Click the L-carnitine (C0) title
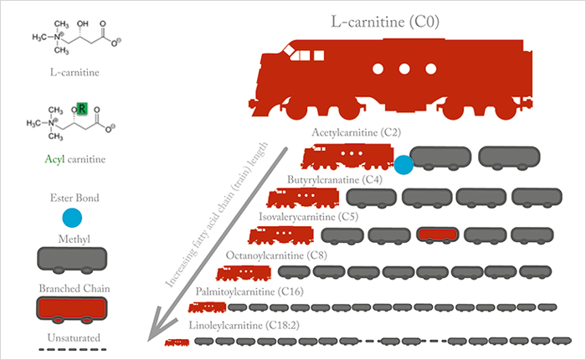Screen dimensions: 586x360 pyautogui.click(x=385, y=22)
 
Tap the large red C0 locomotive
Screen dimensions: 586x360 pyautogui.click(x=391, y=79)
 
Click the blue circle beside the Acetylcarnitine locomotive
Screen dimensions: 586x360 pyautogui.click(x=404, y=165)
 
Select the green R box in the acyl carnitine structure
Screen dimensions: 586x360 pyautogui.click(x=82, y=108)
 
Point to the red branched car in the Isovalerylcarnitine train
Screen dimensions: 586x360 pyautogui.click(x=438, y=235)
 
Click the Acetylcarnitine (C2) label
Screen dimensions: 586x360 pyautogui.click(x=356, y=133)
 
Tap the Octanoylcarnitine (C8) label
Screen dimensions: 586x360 pyautogui.click(x=276, y=255)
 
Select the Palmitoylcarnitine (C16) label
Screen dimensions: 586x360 pyautogui.click(x=249, y=291)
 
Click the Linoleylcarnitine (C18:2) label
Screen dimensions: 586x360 pyautogui.click(x=244, y=325)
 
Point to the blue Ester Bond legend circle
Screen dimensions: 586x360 pyautogui.click(x=72, y=218)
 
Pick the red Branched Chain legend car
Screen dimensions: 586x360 pyautogui.click(x=72, y=311)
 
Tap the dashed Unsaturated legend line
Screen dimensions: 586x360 pyautogui.click(x=73, y=349)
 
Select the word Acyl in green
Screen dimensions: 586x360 pyautogui.click(x=54, y=159)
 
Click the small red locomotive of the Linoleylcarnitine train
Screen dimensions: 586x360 pyautogui.click(x=177, y=342)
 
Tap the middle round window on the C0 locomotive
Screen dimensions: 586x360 pyautogui.click(x=404, y=69)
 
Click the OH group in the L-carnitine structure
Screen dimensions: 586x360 pyautogui.click(x=83, y=24)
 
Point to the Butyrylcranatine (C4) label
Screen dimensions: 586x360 pyautogui.click(x=335, y=180)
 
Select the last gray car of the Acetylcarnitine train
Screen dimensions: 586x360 pyautogui.click(x=509, y=158)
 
